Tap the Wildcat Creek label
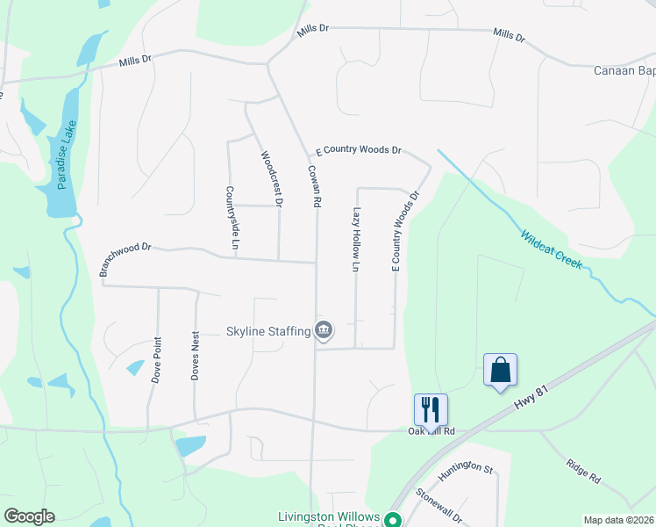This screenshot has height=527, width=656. point(552,249)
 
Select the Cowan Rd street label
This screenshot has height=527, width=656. point(312,186)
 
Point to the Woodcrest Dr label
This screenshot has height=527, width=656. point(272,179)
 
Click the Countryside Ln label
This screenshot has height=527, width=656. point(232,217)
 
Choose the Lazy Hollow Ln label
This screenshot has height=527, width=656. point(356,239)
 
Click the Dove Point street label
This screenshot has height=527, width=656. point(157,357)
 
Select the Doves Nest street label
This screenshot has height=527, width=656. point(196,355)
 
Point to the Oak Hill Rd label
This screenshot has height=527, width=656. point(431,431)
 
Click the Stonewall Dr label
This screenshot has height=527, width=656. point(439,506)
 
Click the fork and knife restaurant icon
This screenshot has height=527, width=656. point(431,408)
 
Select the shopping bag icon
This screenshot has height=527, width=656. point(500,369)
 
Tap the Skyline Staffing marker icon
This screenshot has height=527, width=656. point(324,330)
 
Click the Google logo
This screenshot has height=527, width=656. point(29,516)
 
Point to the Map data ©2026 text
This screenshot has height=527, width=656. point(618,520)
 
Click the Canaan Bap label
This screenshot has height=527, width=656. point(624,70)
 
